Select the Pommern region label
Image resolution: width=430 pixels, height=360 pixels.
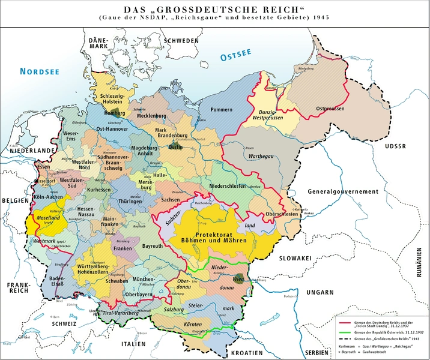click(222, 110)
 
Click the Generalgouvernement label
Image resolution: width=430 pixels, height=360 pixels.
click(344, 191)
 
